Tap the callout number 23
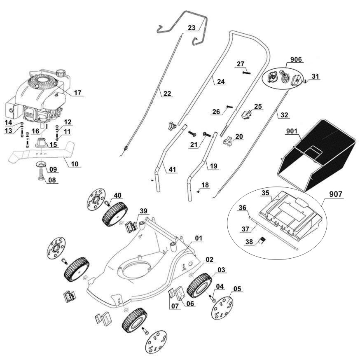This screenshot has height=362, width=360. coord(192,28)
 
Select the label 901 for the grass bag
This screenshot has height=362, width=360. coord(292,132)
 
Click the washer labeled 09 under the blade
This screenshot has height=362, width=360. coord(41,165)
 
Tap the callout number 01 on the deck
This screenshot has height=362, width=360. coord(199,238)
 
